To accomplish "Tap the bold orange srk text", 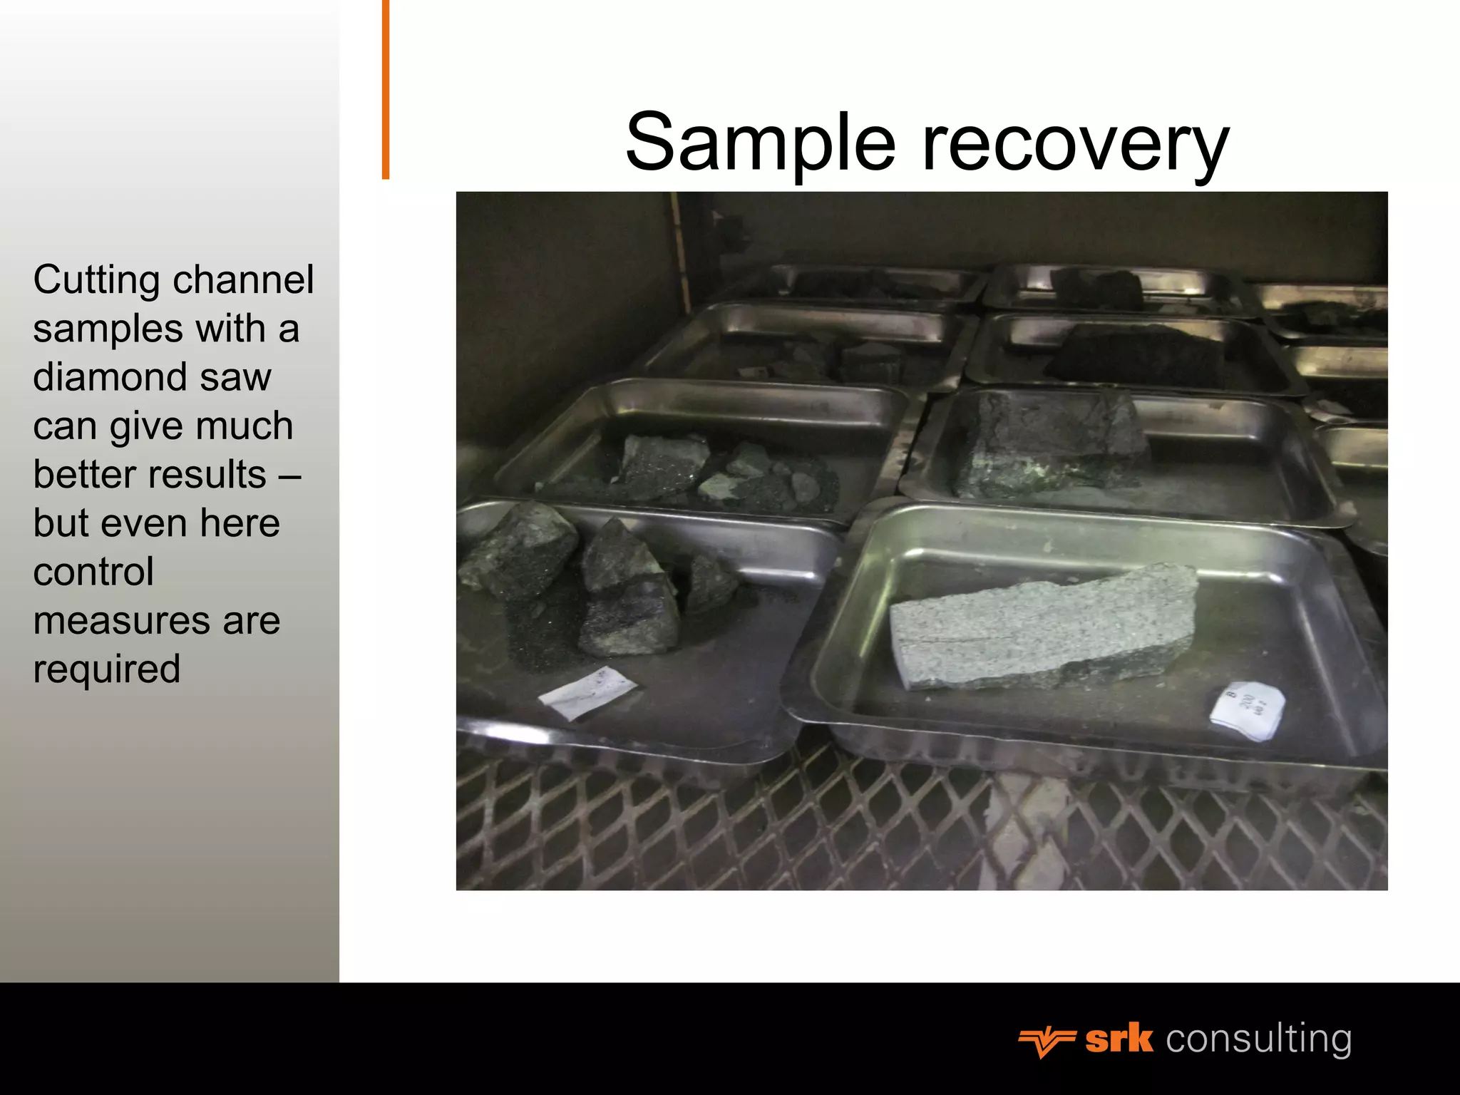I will pos(1119,1039).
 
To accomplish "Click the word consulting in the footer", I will pos(1258,1039).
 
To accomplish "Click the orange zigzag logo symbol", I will pos(1047,1042).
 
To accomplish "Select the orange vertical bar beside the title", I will pos(386,89).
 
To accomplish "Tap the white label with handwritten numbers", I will pos(1248,709).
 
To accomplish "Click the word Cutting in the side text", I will pos(96,279).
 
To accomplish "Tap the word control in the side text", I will pos(93,572).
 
